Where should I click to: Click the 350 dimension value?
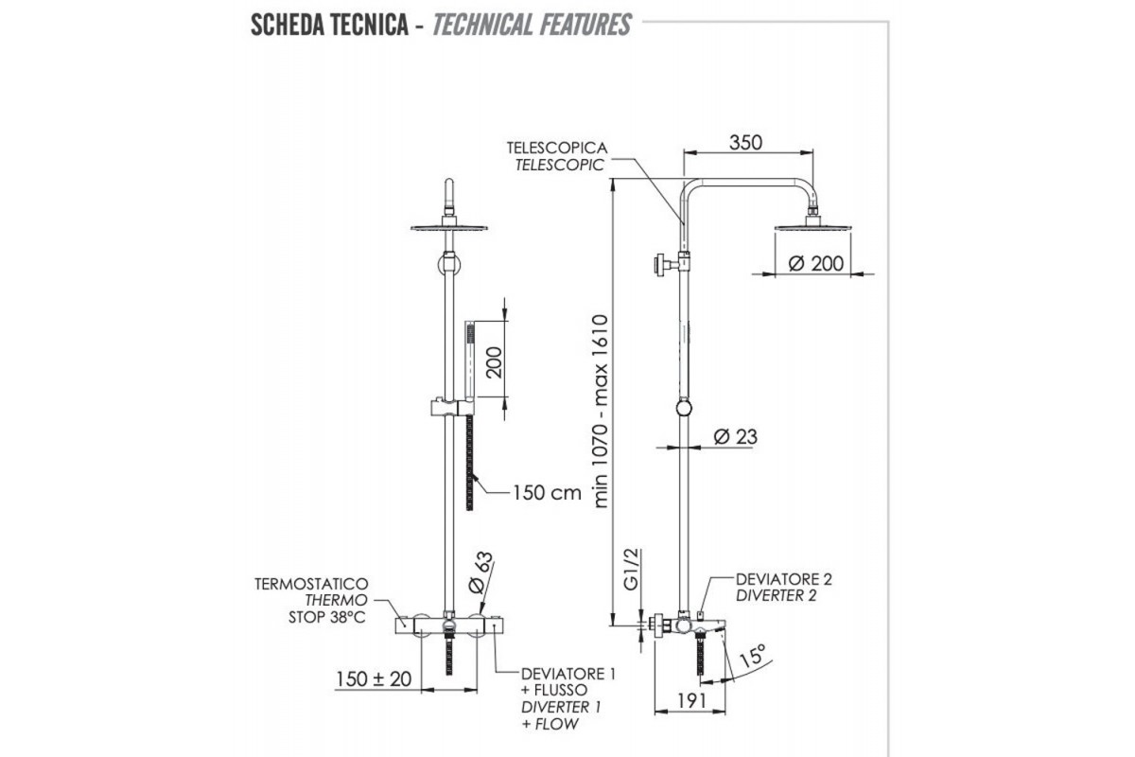point(745,143)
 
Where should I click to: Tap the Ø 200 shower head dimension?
point(815,264)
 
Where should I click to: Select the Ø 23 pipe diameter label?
point(735,436)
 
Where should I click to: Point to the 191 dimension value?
point(691,701)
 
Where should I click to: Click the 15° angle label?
point(753,655)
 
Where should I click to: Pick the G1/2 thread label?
point(632,570)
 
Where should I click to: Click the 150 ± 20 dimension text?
point(374,678)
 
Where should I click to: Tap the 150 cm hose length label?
point(547,492)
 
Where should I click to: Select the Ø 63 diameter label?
point(480,572)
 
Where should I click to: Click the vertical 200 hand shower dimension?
point(494,362)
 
